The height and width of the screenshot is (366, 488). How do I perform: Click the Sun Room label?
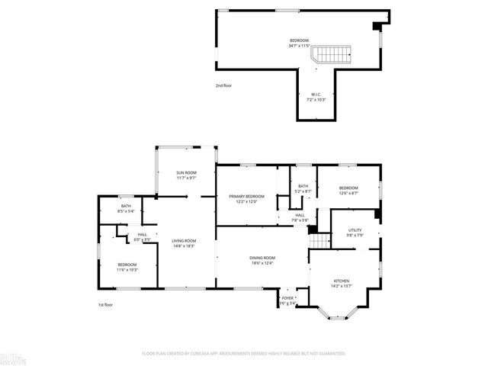click(x=186, y=173)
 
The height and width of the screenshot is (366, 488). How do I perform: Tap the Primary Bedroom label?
click(x=247, y=196)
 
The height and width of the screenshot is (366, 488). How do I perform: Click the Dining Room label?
click(x=262, y=258)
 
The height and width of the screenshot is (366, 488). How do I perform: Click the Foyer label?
click(x=287, y=298)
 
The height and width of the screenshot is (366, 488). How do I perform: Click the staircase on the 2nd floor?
click(x=332, y=54)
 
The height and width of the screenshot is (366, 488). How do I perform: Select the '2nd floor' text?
click(x=223, y=85)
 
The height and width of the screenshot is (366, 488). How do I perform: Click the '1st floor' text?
click(x=106, y=305)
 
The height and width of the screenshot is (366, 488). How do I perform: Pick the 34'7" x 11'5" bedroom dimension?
click(x=299, y=46)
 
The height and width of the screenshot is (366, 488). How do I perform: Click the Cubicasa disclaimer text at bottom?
click(x=244, y=353)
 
